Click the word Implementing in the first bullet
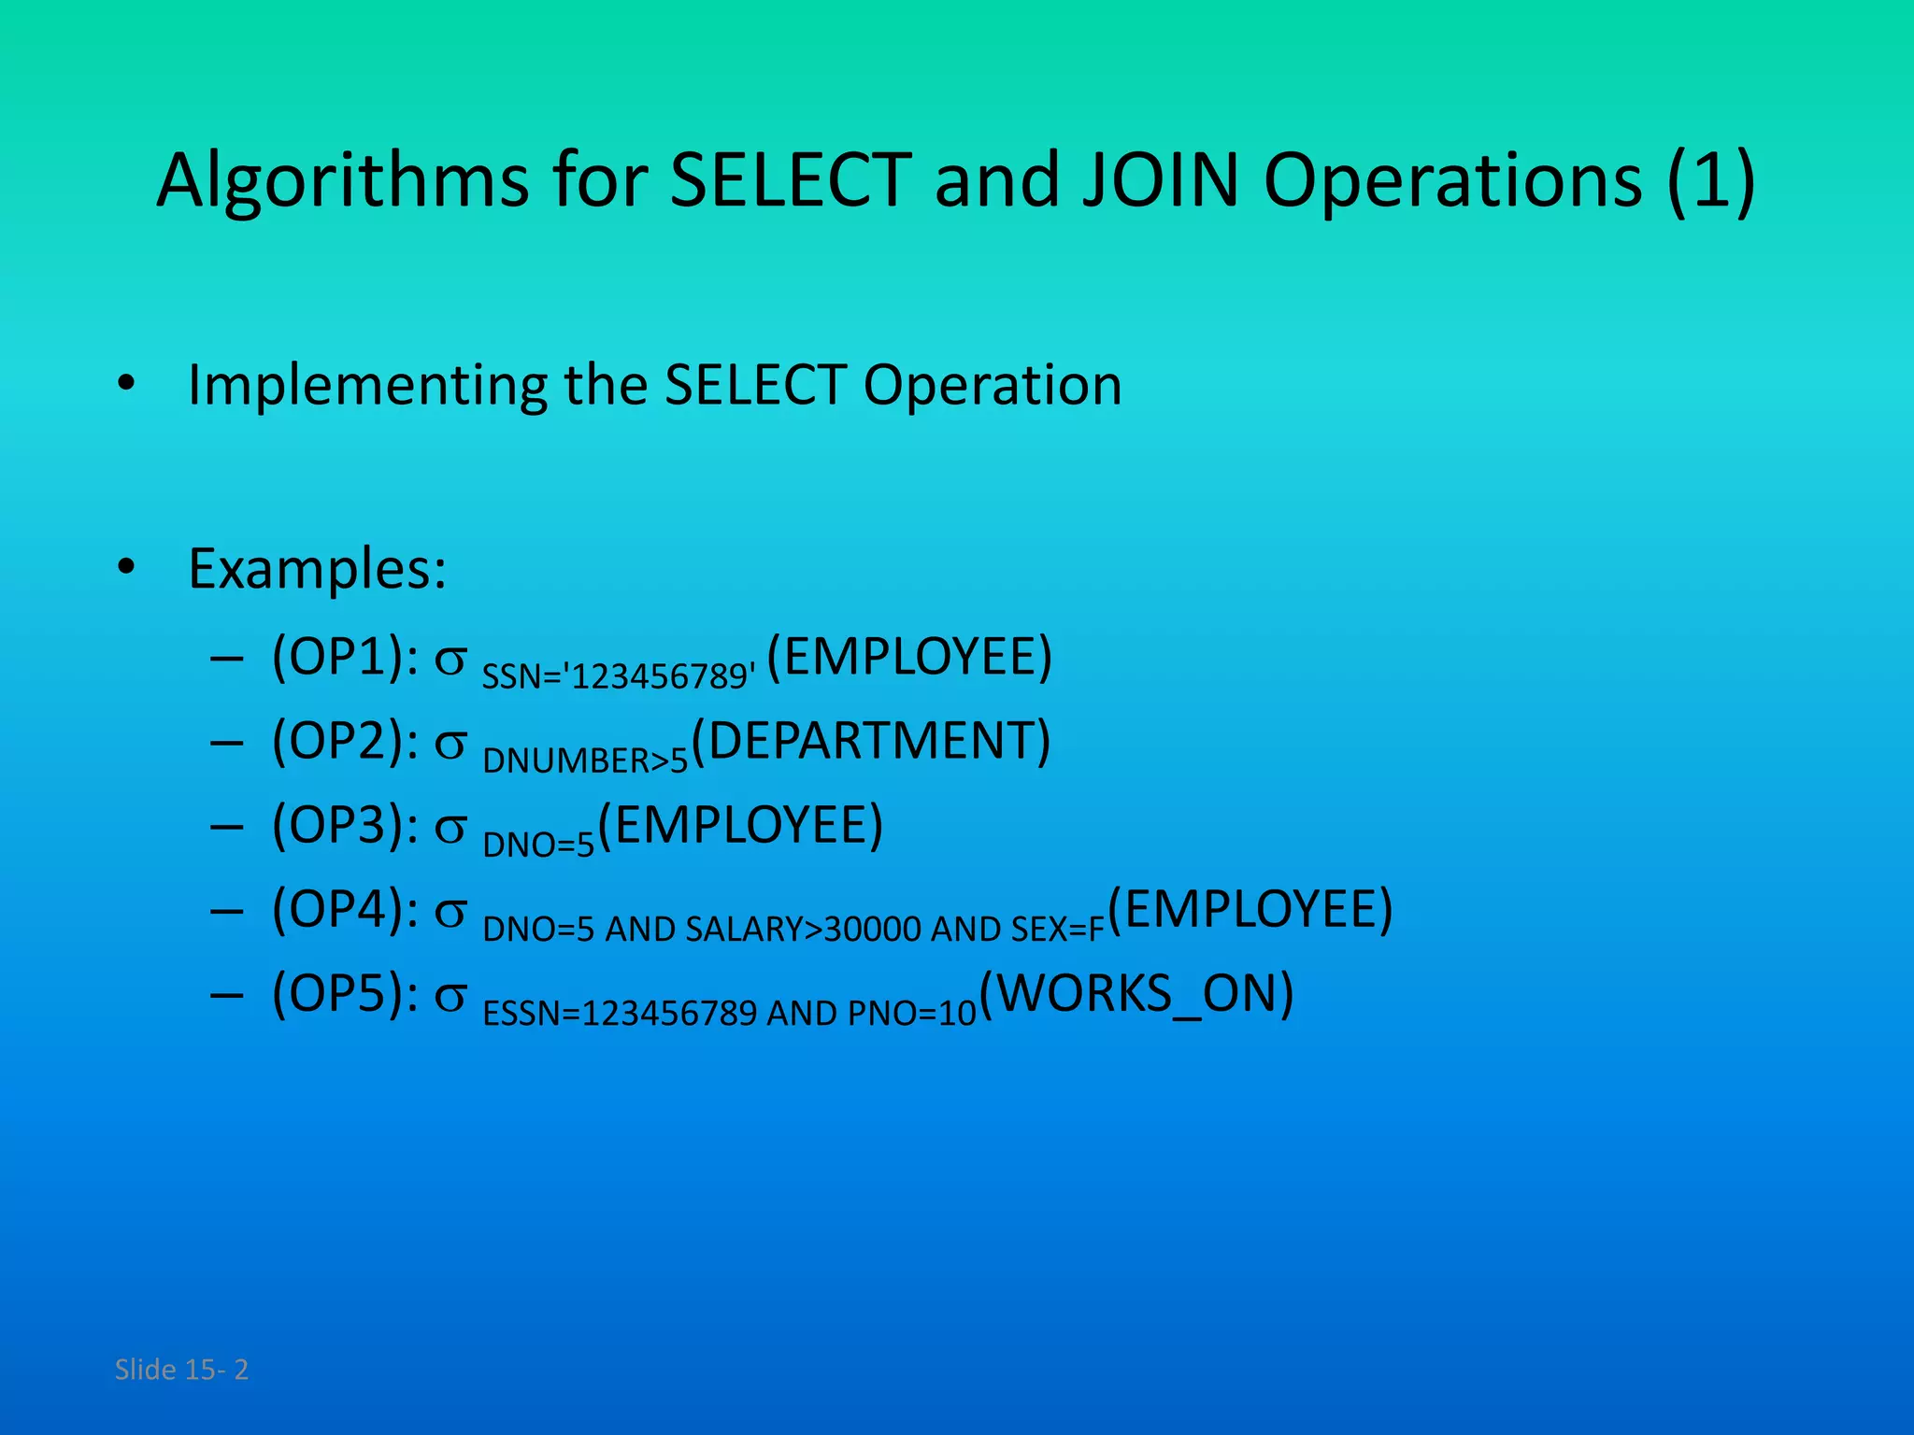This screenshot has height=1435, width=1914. (x=367, y=385)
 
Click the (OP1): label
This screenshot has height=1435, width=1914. (x=345, y=657)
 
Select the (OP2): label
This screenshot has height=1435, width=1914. (x=345, y=741)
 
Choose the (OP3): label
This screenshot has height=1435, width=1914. (x=345, y=825)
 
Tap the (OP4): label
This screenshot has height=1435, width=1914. (x=345, y=909)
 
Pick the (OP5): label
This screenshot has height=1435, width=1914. (x=345, y=993)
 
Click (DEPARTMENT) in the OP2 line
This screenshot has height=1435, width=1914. (x=871, y=741)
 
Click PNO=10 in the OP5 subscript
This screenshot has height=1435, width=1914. (x=912, y=1014)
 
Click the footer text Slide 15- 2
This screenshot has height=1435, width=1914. (x=181, y=1370)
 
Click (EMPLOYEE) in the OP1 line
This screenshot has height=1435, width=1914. (x=909, y=657)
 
